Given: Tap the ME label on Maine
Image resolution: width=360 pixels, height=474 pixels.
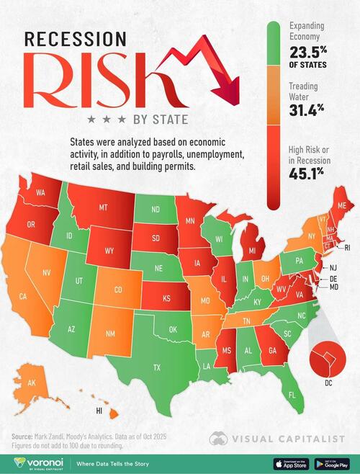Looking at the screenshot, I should coord(341,206).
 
